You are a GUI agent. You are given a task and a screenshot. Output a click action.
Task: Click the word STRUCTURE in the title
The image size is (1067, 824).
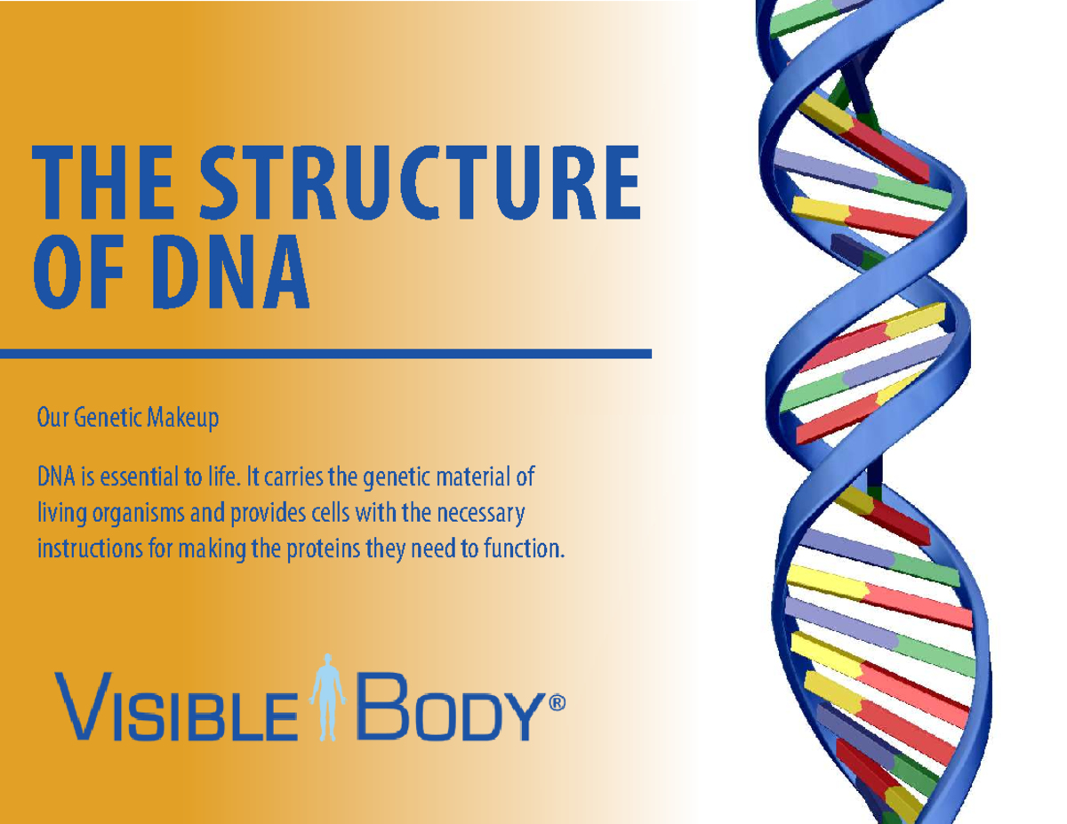pos(421,182)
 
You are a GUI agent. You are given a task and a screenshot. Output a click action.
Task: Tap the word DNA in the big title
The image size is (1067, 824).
pos(232,271)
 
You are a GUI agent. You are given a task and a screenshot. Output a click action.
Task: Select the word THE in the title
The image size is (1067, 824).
pos(103,182)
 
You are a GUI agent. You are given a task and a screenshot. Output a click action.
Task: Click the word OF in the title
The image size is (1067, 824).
pos(77,271)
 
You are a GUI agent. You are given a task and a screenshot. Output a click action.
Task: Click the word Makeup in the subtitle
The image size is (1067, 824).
pos(183,418)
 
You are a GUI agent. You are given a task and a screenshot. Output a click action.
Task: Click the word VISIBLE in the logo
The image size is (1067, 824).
pos(176,708)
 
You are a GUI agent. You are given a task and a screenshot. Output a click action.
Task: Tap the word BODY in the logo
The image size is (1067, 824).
pos(452,708)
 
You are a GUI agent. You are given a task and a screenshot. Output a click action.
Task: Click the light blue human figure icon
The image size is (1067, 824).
pos(327,697)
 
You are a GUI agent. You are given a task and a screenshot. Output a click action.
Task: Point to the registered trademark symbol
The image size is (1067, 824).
pos(557,703)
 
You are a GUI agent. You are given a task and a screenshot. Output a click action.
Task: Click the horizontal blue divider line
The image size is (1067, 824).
pos(325,354)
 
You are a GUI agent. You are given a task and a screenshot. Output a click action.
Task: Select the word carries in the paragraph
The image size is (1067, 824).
pos(294,477)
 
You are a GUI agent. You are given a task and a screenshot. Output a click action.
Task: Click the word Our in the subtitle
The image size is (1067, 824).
pos(53,418)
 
